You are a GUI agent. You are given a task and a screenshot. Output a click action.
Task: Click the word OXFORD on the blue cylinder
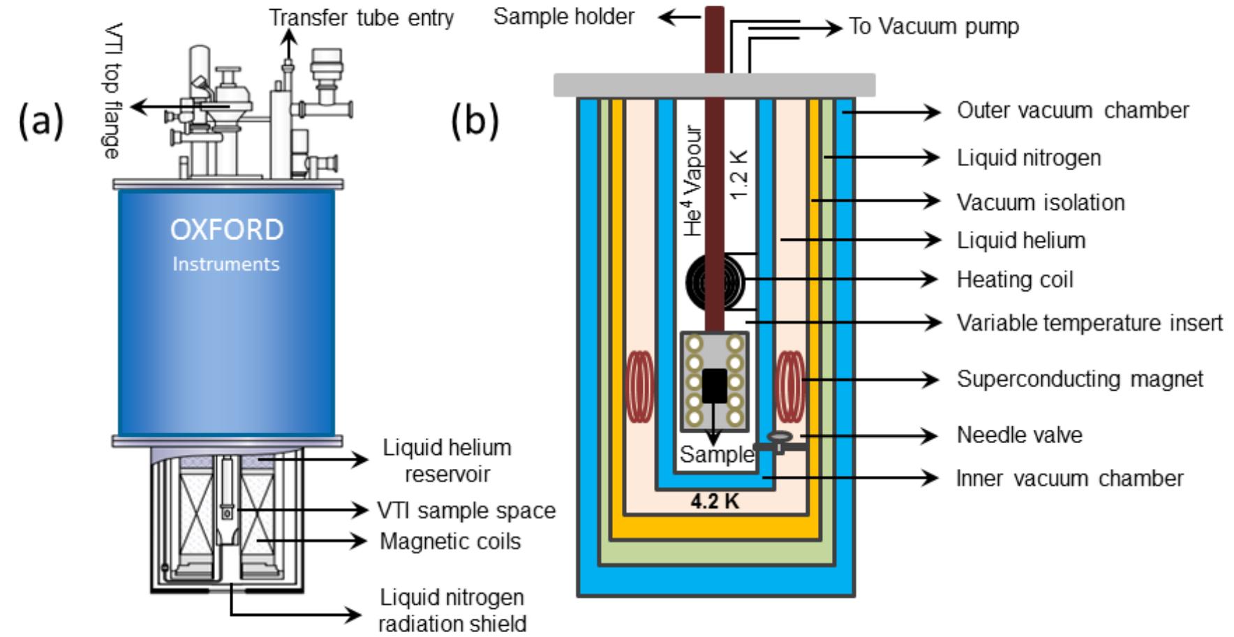click(x=227, y=230)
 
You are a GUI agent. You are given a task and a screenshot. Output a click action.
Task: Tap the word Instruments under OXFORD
click(x=226, y=264)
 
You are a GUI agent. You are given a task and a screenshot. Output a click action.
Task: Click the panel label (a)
click(x=41, y=120)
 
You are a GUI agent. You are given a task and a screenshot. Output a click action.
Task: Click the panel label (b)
click(x=475, y=120)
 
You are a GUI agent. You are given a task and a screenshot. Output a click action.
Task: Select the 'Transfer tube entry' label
click(x=362, y=17)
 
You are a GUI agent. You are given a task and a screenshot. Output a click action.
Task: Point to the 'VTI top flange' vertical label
click(x=112, y=91)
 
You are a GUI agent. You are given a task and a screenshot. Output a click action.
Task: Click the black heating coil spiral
click(x=713, y=283)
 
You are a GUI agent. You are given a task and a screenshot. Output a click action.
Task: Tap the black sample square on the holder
click(x=714, y=386)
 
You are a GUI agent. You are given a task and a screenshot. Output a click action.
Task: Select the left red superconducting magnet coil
click(x=639, y=387)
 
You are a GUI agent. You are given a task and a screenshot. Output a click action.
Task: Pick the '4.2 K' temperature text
click(x=714, y=502)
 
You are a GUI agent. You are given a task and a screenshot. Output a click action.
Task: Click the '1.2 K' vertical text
click(x=738, y=174)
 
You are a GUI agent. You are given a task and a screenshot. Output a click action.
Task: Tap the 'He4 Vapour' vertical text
click(x=692, y=181)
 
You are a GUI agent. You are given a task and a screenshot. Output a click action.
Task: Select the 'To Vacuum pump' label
click(x=933, y=27)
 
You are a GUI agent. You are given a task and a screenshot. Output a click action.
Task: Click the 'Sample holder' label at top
click(x=564, y=16)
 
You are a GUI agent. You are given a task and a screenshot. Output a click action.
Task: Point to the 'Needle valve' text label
click(x=1019, y=435)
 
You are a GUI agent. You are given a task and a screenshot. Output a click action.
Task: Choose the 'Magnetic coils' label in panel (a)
click(x=450, y=541)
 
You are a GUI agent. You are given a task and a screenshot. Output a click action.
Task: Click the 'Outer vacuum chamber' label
click(x=1073, y=110)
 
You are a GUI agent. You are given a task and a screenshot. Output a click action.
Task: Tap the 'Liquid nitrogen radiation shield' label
click(x=452, y=610)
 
